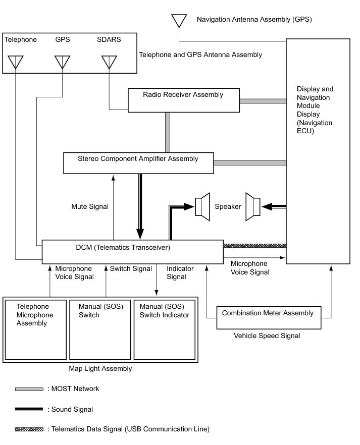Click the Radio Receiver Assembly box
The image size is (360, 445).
pos(183,100)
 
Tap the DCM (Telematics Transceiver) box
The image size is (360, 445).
pos(132,251)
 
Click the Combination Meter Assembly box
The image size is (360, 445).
pos(268,317)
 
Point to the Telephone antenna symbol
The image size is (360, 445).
pos(16,62)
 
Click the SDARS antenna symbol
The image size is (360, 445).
pos(109,62)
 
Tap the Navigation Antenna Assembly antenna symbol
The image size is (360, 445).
pos(179,21)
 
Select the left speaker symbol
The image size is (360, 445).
pos(202,206)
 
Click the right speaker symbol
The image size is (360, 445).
pos(252,206)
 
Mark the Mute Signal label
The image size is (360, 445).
pos(90,206)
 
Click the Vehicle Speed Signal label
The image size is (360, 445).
pos(267,336)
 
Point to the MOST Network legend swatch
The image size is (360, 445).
pos(29,389)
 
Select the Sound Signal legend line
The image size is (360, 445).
pos(29,409)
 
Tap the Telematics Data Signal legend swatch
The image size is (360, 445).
pos(29,429)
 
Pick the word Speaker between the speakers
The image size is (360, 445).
pos(228,206)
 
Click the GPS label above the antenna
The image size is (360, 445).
pos(63,39)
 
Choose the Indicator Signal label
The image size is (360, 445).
pos(176,273)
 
